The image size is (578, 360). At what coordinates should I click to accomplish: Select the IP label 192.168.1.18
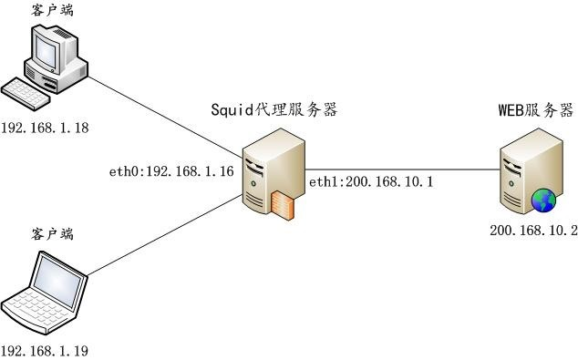pyautogui.click(x=45, y=129)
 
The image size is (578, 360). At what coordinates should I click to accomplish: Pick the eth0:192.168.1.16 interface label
pyautogui.click(x=170, y=170)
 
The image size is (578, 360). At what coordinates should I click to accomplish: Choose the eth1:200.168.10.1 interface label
pyautogui.click(x=370, y=182)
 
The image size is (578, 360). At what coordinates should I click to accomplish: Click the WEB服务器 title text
pyautogui.click(x=534, y=110)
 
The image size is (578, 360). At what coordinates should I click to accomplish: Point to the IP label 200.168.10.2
pyautogui.click(x=532, y=232)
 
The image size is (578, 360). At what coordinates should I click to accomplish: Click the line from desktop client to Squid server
pyautogui.click(x=164, y=118)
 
